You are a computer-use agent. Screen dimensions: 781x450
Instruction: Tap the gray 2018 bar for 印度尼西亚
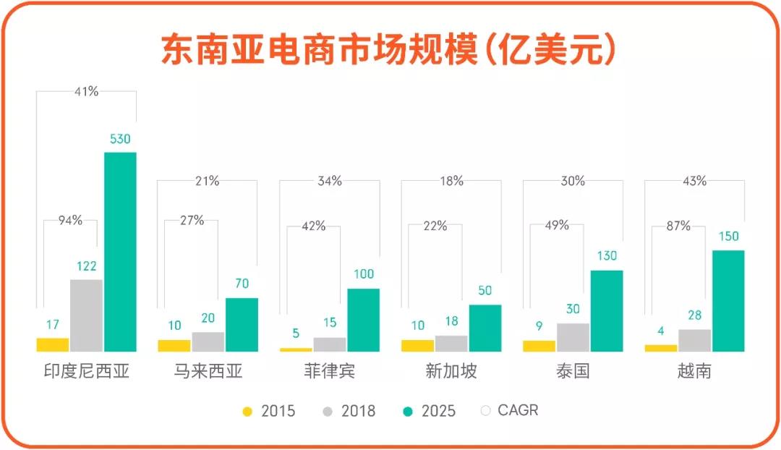[x=86, y=315]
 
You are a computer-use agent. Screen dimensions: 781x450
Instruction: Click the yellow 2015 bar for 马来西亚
[x=174, y=346]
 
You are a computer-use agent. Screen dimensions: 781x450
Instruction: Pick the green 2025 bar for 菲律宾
[x=363, y=320]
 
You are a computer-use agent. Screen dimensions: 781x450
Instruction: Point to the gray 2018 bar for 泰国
[x=573, y=337]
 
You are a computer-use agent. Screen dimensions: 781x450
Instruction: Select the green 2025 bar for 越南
[x=728, y=300]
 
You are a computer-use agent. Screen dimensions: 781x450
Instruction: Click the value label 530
[x=120, y=139]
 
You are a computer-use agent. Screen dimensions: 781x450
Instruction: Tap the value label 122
[x=86, y=266]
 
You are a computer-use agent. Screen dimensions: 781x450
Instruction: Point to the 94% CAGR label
[x=70, y=221]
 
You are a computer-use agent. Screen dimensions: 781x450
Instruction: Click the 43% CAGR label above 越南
[x=694, y=181]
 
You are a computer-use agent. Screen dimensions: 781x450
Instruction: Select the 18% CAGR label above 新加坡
[x=451, y=181]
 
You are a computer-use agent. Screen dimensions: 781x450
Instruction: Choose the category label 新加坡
[x=451, y=372]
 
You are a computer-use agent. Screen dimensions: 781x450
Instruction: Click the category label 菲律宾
[x=330, y=372]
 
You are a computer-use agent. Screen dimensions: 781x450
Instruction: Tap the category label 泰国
[x=573, y=372]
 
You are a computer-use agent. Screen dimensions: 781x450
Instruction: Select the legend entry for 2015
[x=269, y=411]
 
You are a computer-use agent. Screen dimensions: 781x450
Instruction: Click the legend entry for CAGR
[x=510, y=410]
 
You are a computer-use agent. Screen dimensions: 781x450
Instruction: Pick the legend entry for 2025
[x=430, y=411]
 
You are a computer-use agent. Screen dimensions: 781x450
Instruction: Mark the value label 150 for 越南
[x=728, y=237]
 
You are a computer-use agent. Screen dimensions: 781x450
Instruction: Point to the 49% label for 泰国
[x=556, y=225]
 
